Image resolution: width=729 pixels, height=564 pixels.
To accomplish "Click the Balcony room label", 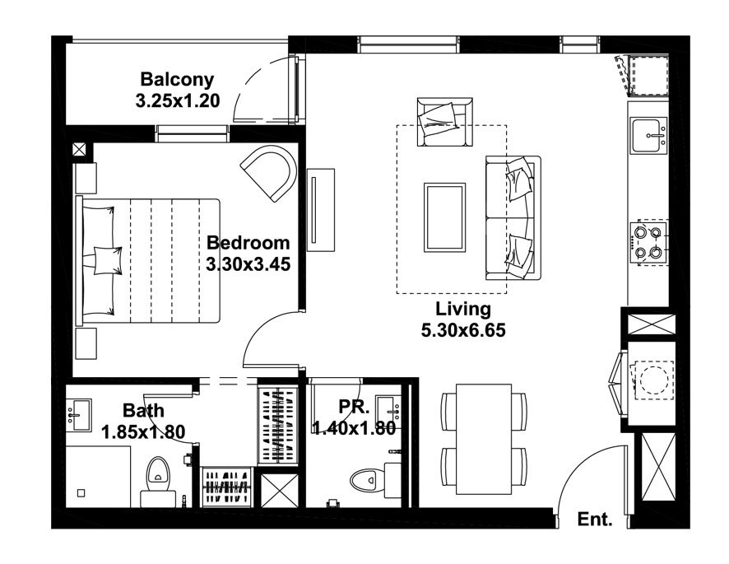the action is click(177, 80).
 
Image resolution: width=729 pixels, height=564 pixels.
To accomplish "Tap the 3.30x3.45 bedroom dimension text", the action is click(248, 264).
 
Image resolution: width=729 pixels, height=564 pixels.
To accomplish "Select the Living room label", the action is click(463, 309).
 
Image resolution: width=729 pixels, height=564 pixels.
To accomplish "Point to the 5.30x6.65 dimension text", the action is click(463, 330).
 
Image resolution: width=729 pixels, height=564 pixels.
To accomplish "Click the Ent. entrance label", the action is click(595, 519).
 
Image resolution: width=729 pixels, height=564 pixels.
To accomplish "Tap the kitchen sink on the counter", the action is click(648, 135).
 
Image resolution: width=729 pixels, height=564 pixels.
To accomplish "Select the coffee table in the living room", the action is click(444, 217).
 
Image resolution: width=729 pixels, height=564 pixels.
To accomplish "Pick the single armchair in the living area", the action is click(444, 123).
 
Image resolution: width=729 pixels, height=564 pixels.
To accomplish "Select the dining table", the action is click(484, 440).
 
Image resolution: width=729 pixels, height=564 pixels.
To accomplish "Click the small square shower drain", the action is click(81, 493).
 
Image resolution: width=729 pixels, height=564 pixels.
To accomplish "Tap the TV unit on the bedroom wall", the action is click(321, 210).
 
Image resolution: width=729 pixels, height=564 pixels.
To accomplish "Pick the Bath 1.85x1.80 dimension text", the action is click(143, 432).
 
